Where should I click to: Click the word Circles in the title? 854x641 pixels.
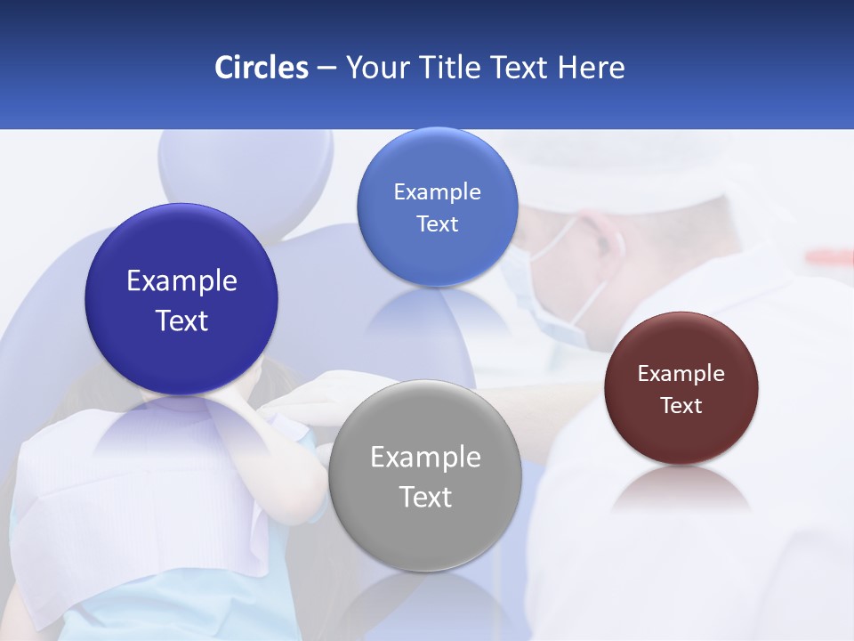point(262,68)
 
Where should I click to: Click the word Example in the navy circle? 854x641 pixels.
point(181,281)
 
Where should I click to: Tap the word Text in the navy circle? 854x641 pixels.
point(181,320)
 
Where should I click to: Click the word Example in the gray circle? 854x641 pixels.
point(425,458)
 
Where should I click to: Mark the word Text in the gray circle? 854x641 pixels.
point(425,497)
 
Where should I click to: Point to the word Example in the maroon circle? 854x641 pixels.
point(681,374)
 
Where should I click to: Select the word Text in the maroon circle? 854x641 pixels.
point(681,406)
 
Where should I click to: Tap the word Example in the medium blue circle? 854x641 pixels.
point(437,192)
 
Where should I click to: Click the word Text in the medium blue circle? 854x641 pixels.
point(437,224)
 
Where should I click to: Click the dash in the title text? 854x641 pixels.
point(326,69)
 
